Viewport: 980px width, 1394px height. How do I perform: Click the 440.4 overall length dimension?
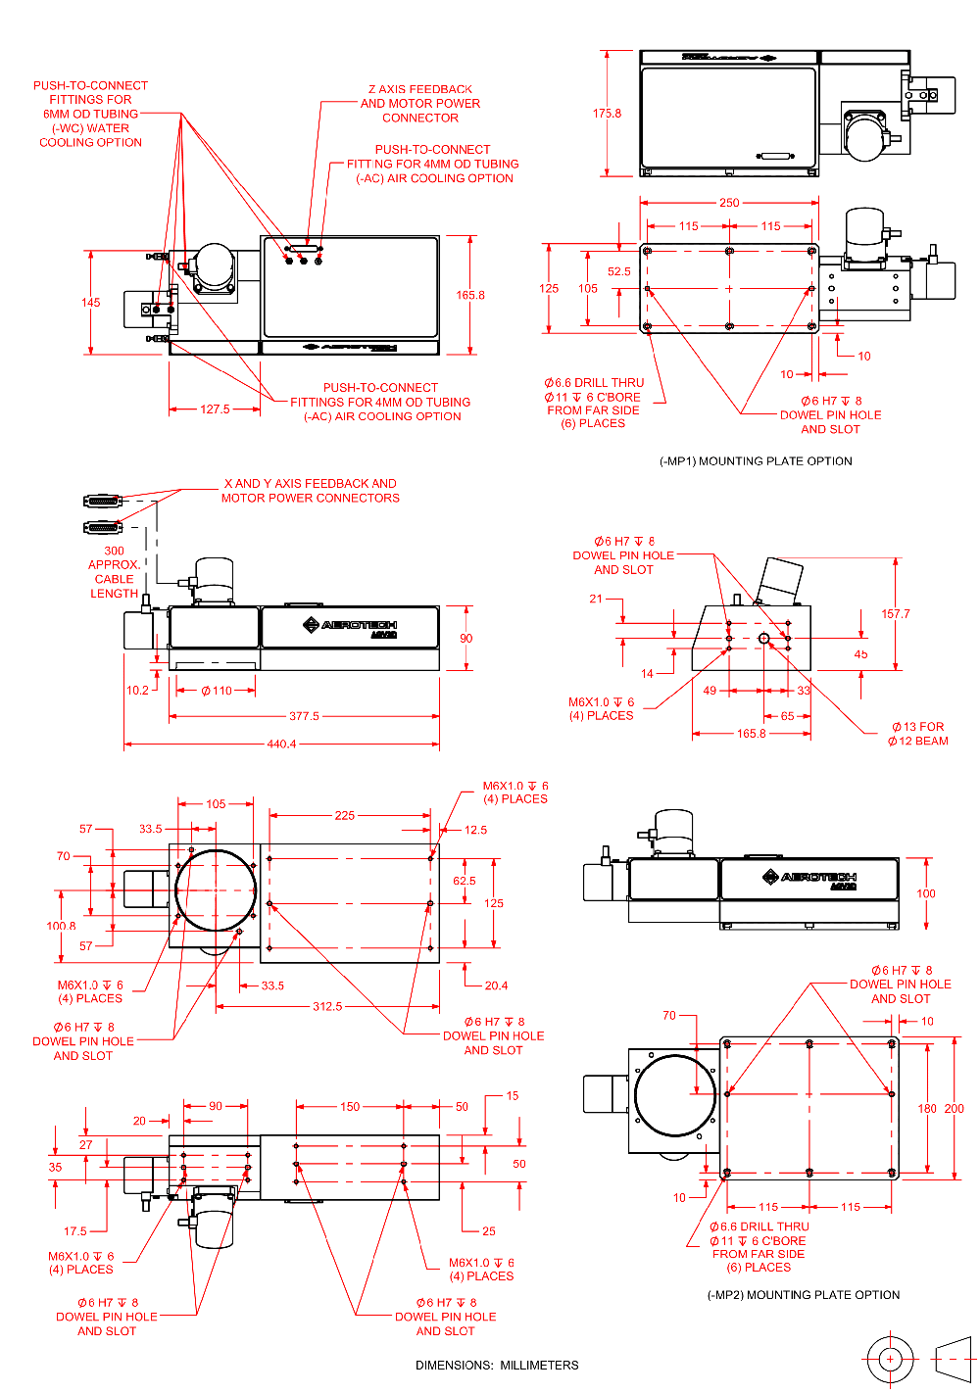click(281, 745)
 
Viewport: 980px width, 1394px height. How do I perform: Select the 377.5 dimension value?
click(304, 716)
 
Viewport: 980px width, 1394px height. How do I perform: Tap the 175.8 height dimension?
click(607, 114)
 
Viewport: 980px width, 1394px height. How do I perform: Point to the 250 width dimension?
click(729, 203)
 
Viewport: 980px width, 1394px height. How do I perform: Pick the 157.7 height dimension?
click(895, 614)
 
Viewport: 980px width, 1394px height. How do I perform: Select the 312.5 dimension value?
click(327, 1006)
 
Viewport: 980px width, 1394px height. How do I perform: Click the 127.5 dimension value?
click(215, 409)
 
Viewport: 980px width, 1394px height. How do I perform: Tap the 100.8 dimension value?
click(61, 926)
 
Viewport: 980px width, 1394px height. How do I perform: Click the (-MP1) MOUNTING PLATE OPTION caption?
click(756, 461)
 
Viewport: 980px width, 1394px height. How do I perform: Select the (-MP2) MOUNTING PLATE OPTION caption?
click(803, 1295)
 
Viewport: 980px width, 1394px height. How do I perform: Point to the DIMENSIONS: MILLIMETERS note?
click(497, 1365)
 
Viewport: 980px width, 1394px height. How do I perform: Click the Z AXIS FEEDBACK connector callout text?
click(420, 103)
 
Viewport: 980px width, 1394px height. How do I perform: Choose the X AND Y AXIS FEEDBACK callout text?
click(310, 491)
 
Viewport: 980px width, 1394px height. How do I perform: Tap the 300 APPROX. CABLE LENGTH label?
click(115, 572)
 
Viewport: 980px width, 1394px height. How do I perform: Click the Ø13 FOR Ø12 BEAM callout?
click(918, 734)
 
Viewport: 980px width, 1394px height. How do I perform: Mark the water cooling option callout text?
click(90, 114)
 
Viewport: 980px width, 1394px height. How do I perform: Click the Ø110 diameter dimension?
click(217, 691)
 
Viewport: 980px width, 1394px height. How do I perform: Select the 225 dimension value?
click(344, 815)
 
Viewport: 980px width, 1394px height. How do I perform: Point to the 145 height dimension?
click(90, 303)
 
